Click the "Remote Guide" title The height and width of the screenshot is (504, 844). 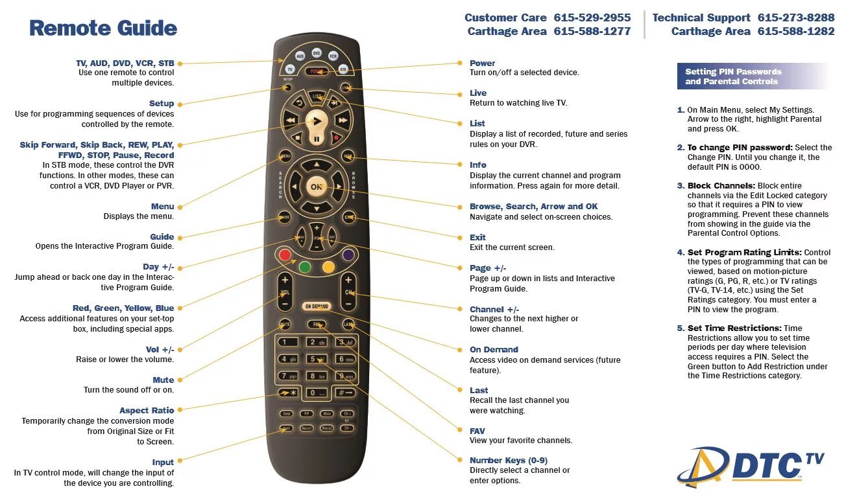point(103,29)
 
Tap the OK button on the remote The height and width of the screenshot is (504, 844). point(316,187)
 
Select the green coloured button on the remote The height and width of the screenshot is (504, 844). point(306,266)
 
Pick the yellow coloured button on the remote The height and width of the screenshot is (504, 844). point(328,266)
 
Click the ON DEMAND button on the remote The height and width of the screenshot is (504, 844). point(317,306)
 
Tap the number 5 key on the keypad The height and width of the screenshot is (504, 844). point(316,359)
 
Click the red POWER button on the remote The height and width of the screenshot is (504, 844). point(317,71)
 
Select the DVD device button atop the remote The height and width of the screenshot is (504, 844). point(317,53)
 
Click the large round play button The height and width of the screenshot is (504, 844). point(317,120)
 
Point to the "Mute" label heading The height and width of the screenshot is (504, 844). point(163,380)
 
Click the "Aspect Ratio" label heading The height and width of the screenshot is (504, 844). point(147,411)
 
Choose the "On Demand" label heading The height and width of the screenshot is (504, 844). point(494,350)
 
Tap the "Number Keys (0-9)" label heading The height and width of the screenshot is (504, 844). point(508,461)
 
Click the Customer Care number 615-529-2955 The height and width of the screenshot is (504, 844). point(592,18)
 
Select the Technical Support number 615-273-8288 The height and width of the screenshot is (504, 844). point(796,18)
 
